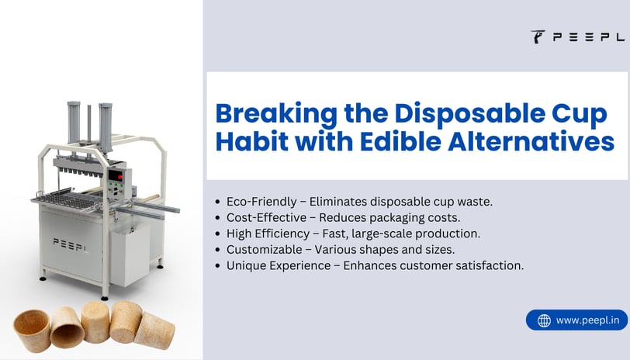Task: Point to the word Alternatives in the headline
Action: pos(531,142)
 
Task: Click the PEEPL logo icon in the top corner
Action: pos(538,36)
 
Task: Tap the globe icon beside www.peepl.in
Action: pos(544,320)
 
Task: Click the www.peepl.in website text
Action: pos(588,320)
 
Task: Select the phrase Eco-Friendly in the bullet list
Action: pos(261,202)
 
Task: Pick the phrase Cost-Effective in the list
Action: pos(266,218)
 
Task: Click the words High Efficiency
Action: pos(268,234)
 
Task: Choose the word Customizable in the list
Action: pos(265,250)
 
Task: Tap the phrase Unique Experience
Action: pos(279,266)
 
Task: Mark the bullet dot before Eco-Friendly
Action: pos(218,202)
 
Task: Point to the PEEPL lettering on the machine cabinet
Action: pos(71,244)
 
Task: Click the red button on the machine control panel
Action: pos(119,177)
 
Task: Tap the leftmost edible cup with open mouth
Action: pos(32,331)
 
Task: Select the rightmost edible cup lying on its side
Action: pos(154,331)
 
